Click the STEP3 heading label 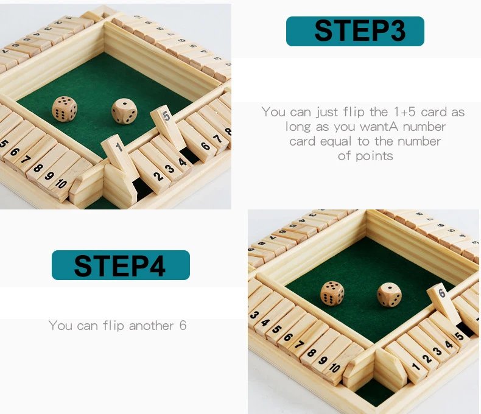355,31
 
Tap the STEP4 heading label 121,265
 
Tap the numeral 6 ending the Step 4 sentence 183,326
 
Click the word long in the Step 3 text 300,127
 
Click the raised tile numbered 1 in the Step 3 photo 117,152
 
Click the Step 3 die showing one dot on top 124,111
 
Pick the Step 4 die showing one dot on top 389,295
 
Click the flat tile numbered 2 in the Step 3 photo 158,175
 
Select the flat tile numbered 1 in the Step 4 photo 416,367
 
